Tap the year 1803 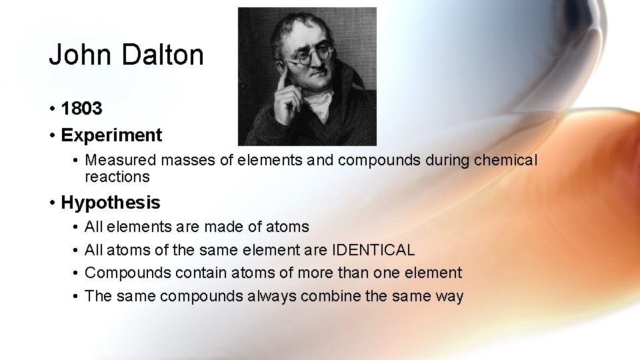point(81,109)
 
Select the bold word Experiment point(111,135)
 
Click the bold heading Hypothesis point(111,203)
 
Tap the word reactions point(117,177)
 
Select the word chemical point(506,161)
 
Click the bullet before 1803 point(51,109)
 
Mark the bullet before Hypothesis point(51,203)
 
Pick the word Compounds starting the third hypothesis point(122,273)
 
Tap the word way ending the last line point(450,296)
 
